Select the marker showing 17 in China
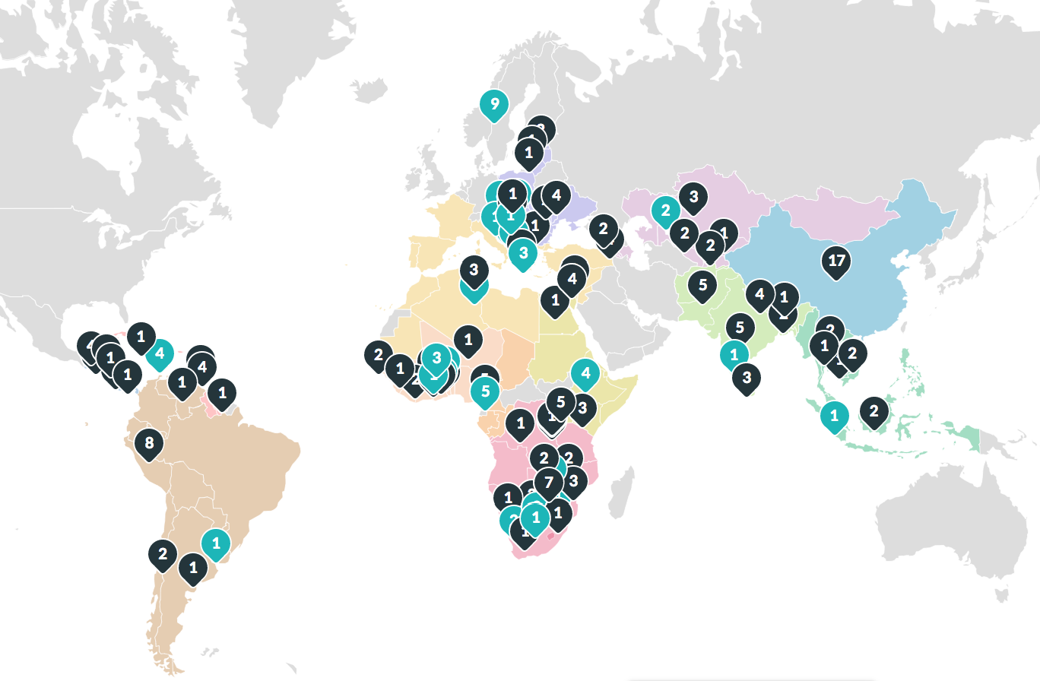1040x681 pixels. tap(836, 261)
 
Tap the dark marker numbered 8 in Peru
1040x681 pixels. tap(149, 443)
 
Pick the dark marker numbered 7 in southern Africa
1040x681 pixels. tap(548, 482)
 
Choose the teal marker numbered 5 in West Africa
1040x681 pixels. tap(485, 392)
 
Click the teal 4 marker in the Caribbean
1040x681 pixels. tap(160, 353)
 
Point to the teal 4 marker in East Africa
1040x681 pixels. tap(585, 373)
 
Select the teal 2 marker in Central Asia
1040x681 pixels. tap(665, 211)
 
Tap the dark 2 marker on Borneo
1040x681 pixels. tap(874, 412)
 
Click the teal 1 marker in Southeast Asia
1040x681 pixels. tap(834, 416)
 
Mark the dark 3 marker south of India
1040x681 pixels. tap(747, 377)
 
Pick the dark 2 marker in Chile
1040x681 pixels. tap(163, 553)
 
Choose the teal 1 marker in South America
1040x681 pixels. tap(216, 543)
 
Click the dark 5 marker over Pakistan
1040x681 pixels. tap(702, 286)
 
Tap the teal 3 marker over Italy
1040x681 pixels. tap(523, 253)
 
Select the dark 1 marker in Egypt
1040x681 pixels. tap(555, 300)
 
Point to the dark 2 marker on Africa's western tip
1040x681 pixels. tap(378, 354)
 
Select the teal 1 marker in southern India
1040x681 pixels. tap(734, 354)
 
